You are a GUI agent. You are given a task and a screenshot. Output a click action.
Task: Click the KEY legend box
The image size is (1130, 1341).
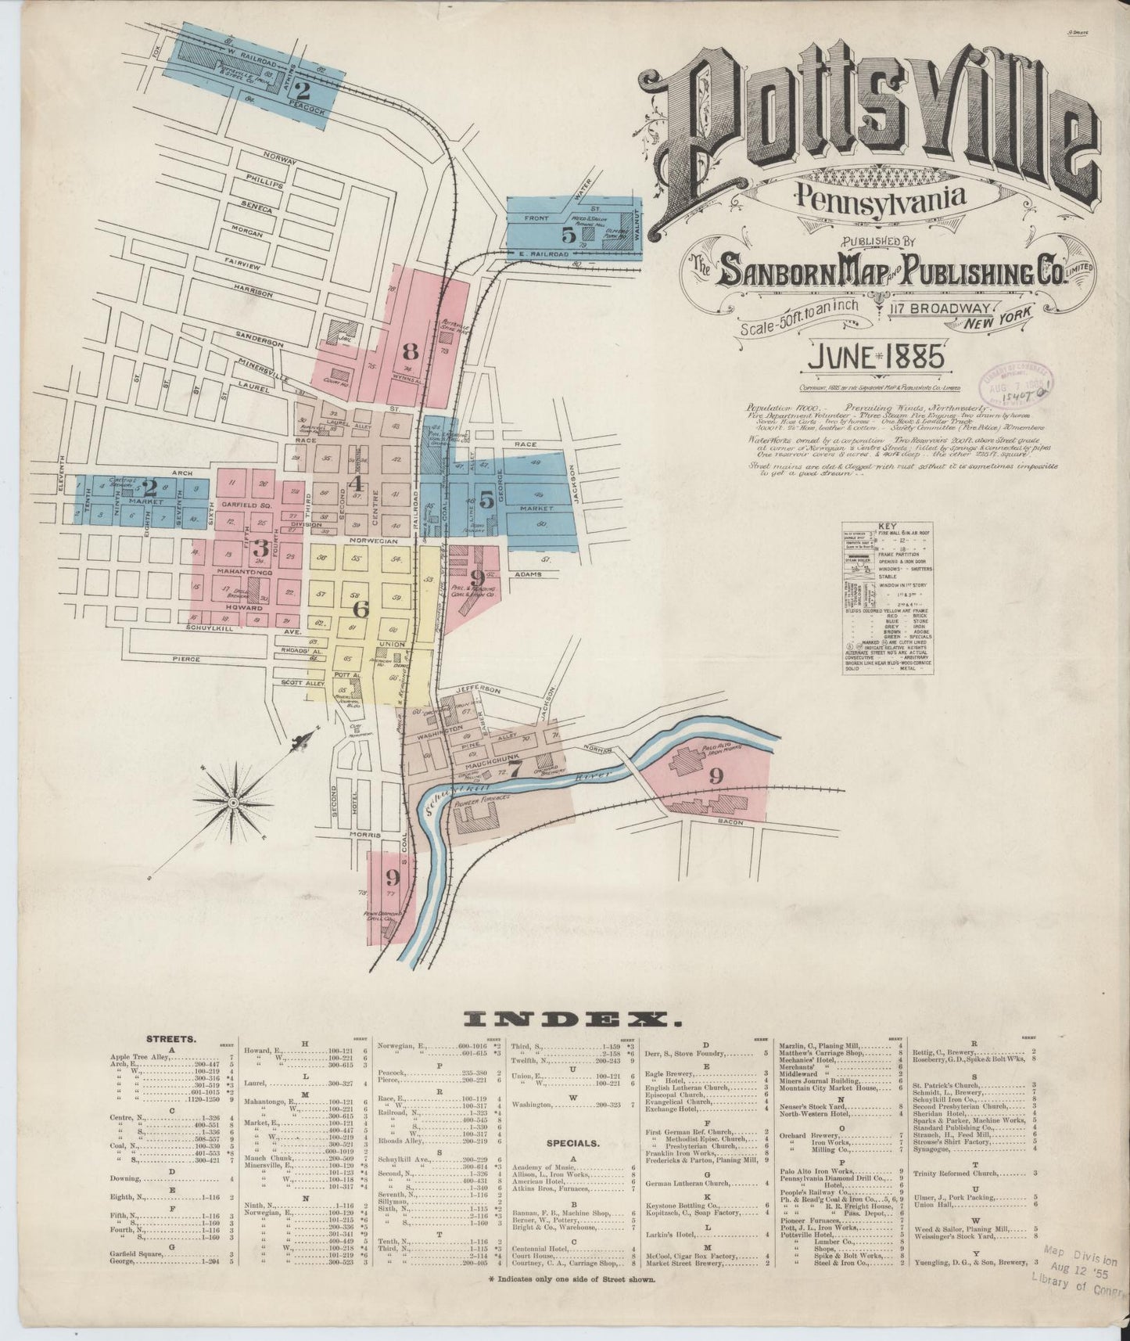coord(891,598)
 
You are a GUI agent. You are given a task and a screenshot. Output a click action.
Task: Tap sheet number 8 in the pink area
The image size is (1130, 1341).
coord(410,351)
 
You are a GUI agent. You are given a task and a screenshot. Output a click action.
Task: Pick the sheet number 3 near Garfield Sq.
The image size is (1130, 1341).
coord(261,547)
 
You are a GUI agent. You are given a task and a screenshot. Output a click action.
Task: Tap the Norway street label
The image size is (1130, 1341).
coord(279,157)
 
